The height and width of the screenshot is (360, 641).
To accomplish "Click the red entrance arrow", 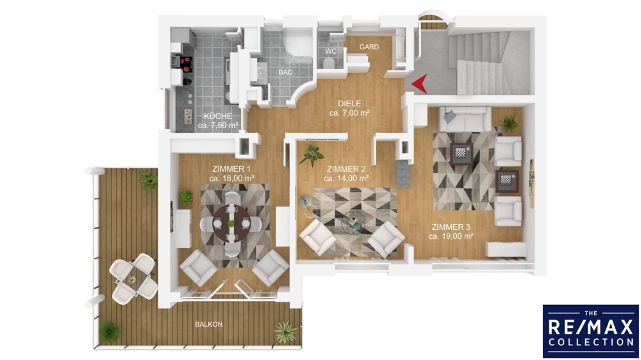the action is point(420,84).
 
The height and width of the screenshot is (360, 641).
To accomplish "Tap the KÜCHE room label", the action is point(218,116).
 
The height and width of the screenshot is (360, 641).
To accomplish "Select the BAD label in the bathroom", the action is point(286,72).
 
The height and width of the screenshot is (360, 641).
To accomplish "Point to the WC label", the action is point(331,51).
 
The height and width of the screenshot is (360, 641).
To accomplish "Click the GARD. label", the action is point(370,47).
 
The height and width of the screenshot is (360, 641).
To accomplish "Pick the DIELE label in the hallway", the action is point(349,104).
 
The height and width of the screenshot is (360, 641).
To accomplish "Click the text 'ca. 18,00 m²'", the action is point(232,178).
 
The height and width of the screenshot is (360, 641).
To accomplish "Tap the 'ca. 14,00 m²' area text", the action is point(346,178).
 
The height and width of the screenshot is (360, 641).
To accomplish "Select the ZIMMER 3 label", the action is point(451,227).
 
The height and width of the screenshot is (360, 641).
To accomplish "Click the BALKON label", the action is point(208,325).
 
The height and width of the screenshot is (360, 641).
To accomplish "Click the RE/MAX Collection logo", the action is point(591,331).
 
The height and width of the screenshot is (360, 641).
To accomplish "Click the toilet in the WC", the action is point(327,63).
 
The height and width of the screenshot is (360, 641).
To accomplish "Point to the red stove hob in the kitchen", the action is point(187,63).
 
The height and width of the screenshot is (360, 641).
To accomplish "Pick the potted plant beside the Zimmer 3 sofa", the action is point(510,123).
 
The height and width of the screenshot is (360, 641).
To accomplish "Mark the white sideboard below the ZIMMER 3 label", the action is point(506,249).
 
